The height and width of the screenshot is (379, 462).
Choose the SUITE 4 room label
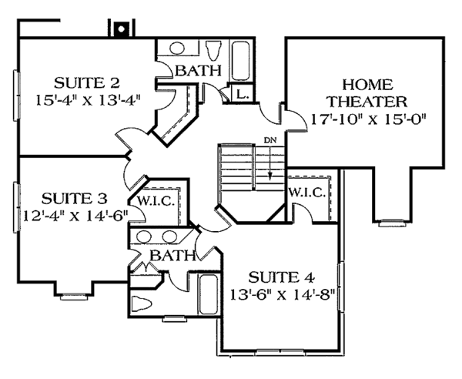280,275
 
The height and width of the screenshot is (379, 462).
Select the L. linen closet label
241,94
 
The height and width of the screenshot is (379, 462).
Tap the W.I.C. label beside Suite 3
158,201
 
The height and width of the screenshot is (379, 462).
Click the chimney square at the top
119,29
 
